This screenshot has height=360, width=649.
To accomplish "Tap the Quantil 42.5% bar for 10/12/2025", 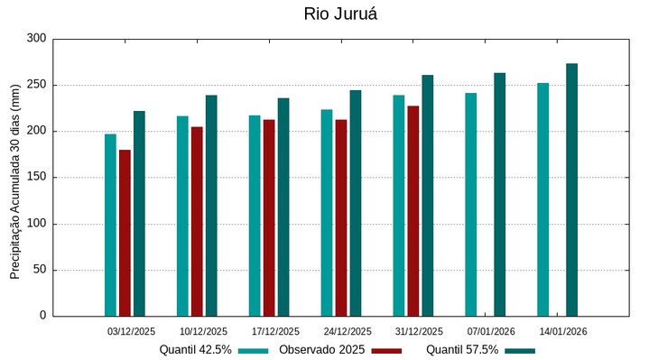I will coord(182,216).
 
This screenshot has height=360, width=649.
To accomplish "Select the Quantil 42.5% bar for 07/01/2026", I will coord(471,204).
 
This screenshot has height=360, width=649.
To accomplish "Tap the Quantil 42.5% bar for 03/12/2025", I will coord(110,225).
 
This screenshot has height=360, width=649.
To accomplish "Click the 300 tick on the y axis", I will coord(36,39).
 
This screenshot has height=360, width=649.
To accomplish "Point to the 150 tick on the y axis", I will coord(36,178).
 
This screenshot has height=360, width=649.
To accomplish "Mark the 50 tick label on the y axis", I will coord(39,270).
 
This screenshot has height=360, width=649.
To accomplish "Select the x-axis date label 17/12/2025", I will coord(275,331).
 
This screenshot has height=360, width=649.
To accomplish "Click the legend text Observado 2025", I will coord(321,349).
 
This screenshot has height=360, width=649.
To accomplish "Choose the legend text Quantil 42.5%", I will coord(196,349).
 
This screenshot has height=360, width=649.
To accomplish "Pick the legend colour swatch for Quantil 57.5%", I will coord(520,350).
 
